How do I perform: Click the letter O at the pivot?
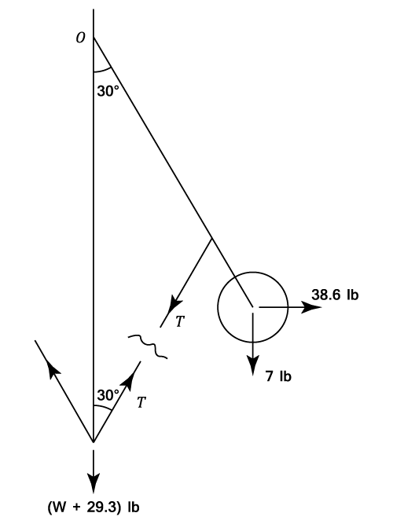(80, 38)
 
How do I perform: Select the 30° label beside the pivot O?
(108, 91)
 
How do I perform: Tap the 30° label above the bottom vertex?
(108, 395)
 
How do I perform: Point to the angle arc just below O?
(102, 70)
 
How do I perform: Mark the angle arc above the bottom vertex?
(102, 407)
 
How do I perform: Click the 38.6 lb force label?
(335, 295)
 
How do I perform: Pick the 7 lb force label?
(278, 376)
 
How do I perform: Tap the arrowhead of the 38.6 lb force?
(311, 307)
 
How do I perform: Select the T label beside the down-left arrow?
(180, 321)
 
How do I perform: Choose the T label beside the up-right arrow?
(141, 402)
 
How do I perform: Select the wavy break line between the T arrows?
(148, 346)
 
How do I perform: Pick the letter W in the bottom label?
(61, 508)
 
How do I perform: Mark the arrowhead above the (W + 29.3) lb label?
(94, 482)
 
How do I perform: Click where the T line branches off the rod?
(211, 238)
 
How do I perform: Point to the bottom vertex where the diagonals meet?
(94, 442)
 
